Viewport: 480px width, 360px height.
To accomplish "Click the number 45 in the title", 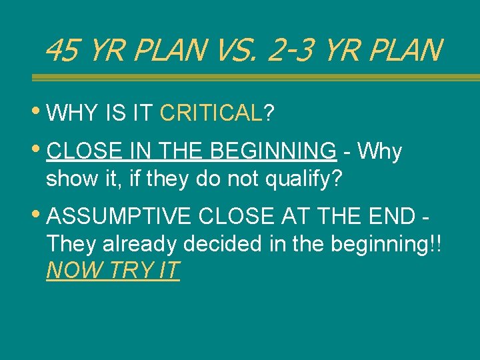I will [61, 50].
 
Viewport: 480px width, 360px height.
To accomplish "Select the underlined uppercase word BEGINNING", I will [273, 152].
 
